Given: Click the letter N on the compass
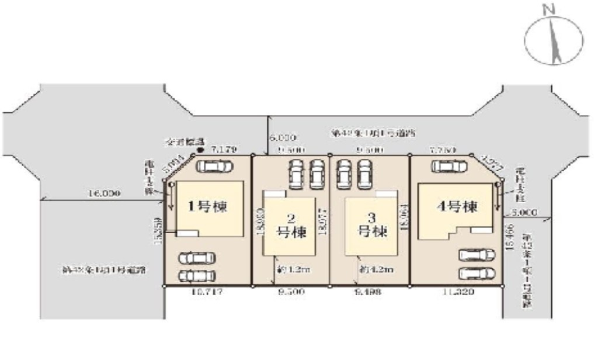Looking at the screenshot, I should point(547,9).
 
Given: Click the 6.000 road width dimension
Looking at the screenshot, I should point(284,138).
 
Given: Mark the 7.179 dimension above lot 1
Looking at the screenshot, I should point(223,150).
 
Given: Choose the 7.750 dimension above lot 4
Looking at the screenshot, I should point(442,150).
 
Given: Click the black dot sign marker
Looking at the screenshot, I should point(200,150).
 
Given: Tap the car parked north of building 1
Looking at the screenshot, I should point(214,167).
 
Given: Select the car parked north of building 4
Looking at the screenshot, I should point(449,167).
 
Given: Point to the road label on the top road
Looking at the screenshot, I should point(374,133).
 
